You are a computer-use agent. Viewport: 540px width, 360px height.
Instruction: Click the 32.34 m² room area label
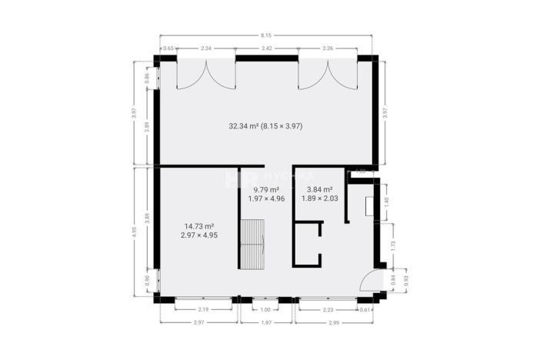click(x=265, y=125)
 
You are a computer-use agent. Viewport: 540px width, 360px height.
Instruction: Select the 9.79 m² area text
click(x=266, y=194)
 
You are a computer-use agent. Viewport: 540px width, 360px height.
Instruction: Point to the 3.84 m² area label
click(x=319, y=194)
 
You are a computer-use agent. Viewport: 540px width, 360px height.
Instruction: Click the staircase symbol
click(x=252, y=243)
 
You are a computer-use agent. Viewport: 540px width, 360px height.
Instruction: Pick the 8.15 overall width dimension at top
click(x=266, y=35)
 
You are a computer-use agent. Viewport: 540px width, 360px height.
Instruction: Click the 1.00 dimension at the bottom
click(x=266, y=310)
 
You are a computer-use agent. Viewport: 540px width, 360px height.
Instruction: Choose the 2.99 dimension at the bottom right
click(x=334, y=322)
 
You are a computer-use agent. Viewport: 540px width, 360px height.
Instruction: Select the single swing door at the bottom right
click(x=372, y=282)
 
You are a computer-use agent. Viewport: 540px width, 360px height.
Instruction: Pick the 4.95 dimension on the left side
click(x=135, y=231)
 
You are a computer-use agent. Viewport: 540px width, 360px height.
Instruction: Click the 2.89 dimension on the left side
click(x=147, y=127)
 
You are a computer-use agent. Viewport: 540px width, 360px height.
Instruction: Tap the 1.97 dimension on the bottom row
click(x=266, y=322)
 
